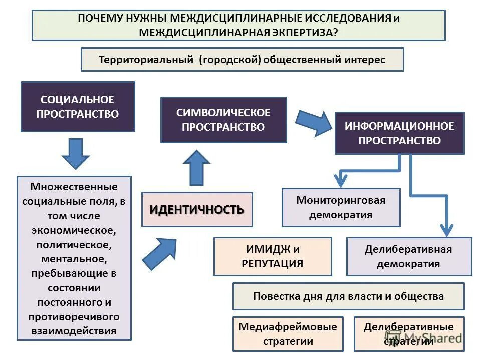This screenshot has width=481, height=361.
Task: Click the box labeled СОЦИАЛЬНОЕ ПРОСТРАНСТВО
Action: tap(77, 107)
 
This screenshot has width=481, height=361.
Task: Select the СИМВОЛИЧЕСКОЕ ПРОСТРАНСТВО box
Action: tap(223, 120)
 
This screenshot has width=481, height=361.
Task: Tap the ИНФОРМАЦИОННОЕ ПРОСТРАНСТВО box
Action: tap(399, 133)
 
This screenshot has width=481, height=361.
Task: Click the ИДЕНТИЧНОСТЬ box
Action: tap(197, 209)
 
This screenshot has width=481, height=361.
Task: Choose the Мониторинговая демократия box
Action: tap(341, 207)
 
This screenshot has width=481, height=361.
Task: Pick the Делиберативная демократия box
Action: tap(408, 256)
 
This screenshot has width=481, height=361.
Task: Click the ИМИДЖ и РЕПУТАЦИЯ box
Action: tap(273, 256)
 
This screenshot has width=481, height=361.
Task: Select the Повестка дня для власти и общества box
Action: tap(348, 296)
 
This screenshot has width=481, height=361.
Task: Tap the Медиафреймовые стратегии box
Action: tap(288, 334)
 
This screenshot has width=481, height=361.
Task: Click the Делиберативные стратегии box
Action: tap(409, 334)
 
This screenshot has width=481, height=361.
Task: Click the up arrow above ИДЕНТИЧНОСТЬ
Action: tap(196, 168)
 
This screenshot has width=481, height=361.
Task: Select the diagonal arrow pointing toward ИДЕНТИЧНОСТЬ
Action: tap(159, 253)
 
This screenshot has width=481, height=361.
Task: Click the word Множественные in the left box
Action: tap(74, 187)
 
